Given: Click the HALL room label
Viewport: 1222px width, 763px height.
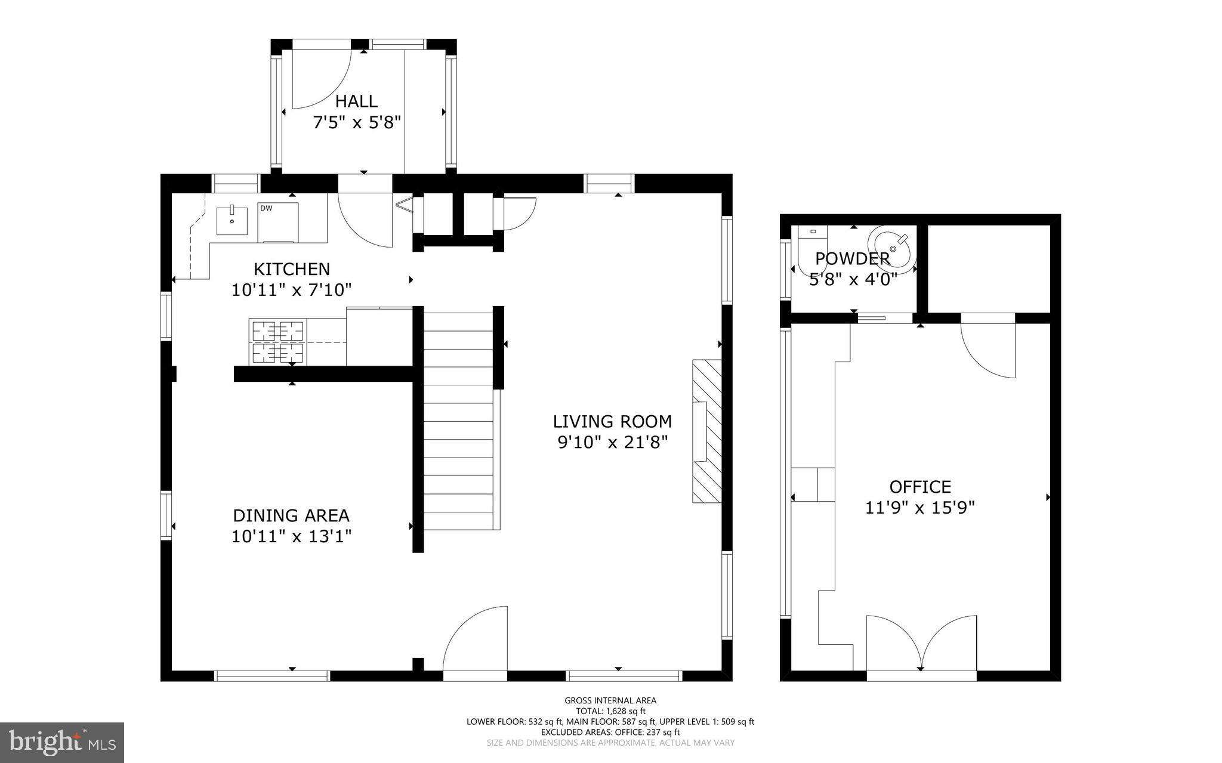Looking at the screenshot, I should pos(356,101).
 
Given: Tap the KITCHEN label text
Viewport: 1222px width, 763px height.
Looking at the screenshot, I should pos(292,269).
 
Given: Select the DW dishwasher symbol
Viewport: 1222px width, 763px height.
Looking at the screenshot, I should pos(277,222).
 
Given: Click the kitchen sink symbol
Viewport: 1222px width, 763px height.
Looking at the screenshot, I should pos(232,220).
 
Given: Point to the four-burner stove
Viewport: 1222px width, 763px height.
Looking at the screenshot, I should pos(278,342).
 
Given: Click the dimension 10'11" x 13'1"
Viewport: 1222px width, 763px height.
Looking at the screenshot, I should pos(291,536).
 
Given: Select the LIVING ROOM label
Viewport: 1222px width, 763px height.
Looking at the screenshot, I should pos(612,422).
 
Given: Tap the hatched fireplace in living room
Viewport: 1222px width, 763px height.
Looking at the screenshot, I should pos(707,431).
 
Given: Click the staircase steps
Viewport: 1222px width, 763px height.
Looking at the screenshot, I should pos(458,421).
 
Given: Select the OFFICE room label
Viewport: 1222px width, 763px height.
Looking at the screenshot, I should pos(920,487).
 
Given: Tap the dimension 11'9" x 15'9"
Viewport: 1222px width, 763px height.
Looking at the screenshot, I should pos(920,508).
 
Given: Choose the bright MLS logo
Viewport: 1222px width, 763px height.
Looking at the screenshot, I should pos(62,742).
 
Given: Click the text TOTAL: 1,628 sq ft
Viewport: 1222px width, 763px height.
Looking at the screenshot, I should pos(610,711).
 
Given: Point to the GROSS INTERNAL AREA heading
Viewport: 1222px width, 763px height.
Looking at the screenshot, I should pos(610,700).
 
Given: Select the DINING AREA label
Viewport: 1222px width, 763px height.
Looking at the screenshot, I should pos(291,515).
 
